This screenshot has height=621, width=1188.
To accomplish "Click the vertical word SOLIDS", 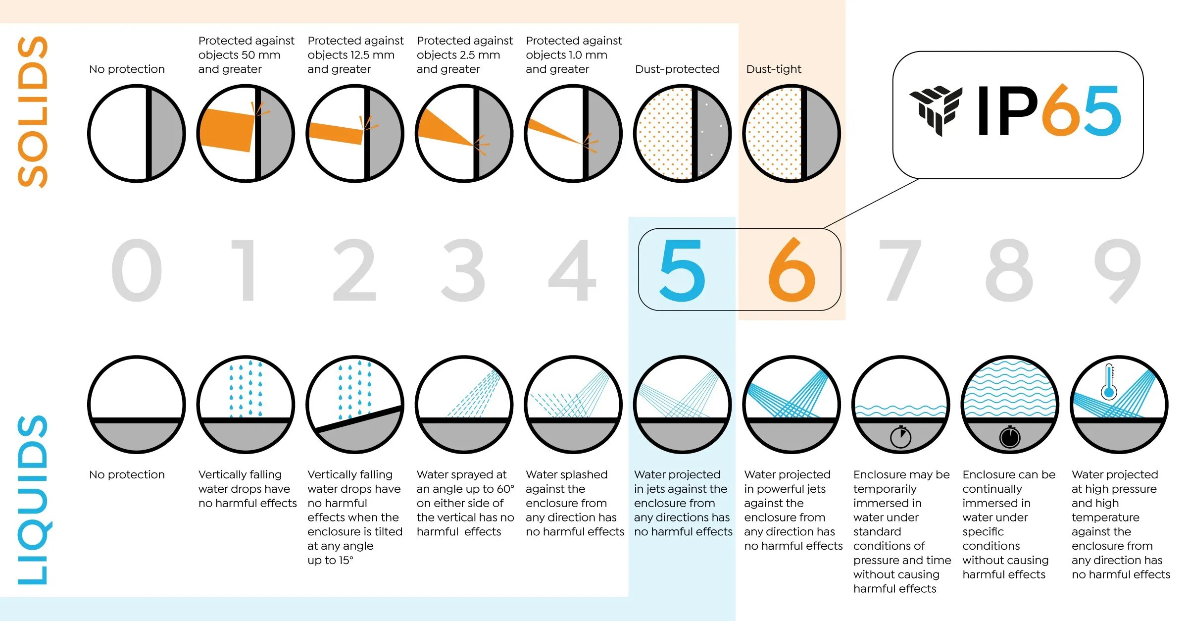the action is (x=33, y=112).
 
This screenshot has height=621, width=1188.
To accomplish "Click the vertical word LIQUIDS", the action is (x=33, y=500).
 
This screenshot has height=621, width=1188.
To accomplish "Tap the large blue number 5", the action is (x=683, y=270).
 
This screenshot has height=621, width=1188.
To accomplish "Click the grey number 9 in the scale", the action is (x=1118, y=270).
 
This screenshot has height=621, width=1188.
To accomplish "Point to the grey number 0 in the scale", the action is (x=137, y=270).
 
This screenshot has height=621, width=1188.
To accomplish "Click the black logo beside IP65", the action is (x=936, y=110).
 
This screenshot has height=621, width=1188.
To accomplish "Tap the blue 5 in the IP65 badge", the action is (x=1103, y=111).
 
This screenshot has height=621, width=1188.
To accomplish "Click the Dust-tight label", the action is (x=774, y=69).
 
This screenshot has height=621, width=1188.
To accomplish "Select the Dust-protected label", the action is (x=677, y=69).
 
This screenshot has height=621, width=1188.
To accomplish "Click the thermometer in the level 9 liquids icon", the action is (x=1109, y=382).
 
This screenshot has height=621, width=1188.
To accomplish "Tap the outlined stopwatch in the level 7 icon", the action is (x=901, y=436).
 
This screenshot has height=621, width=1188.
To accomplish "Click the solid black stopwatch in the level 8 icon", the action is (x=1010, y=436).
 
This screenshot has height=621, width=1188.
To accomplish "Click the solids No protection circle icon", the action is (x=137, y=134).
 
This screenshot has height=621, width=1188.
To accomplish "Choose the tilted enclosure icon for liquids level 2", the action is (x=355, y=405).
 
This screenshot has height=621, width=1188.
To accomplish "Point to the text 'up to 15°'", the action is (x=330, y=561).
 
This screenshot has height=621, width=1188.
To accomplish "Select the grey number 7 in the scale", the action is (x=900, y=270).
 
